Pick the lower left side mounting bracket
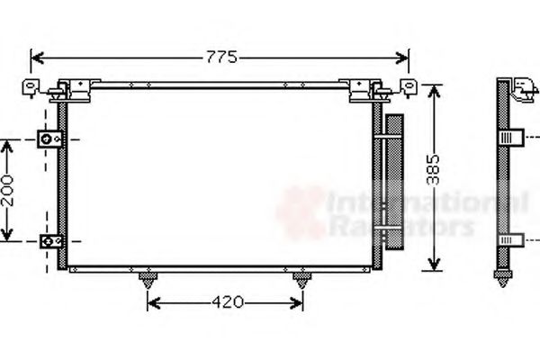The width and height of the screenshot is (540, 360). click(49, 241)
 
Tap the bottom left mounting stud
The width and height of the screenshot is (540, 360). click(148, 280)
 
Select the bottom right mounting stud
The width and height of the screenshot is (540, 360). click(300, 280)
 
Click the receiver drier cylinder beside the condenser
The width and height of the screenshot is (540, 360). click(393, 180)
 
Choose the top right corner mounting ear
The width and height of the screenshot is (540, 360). click(409, 86)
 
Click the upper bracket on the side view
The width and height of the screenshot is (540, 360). click(512, 138)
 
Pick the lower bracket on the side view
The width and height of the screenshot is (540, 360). click(512, 240)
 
